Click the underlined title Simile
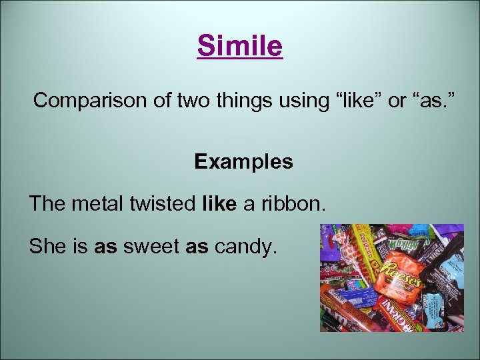point(240,47)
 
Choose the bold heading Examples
point(243,162)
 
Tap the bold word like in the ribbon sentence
point(218,204)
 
